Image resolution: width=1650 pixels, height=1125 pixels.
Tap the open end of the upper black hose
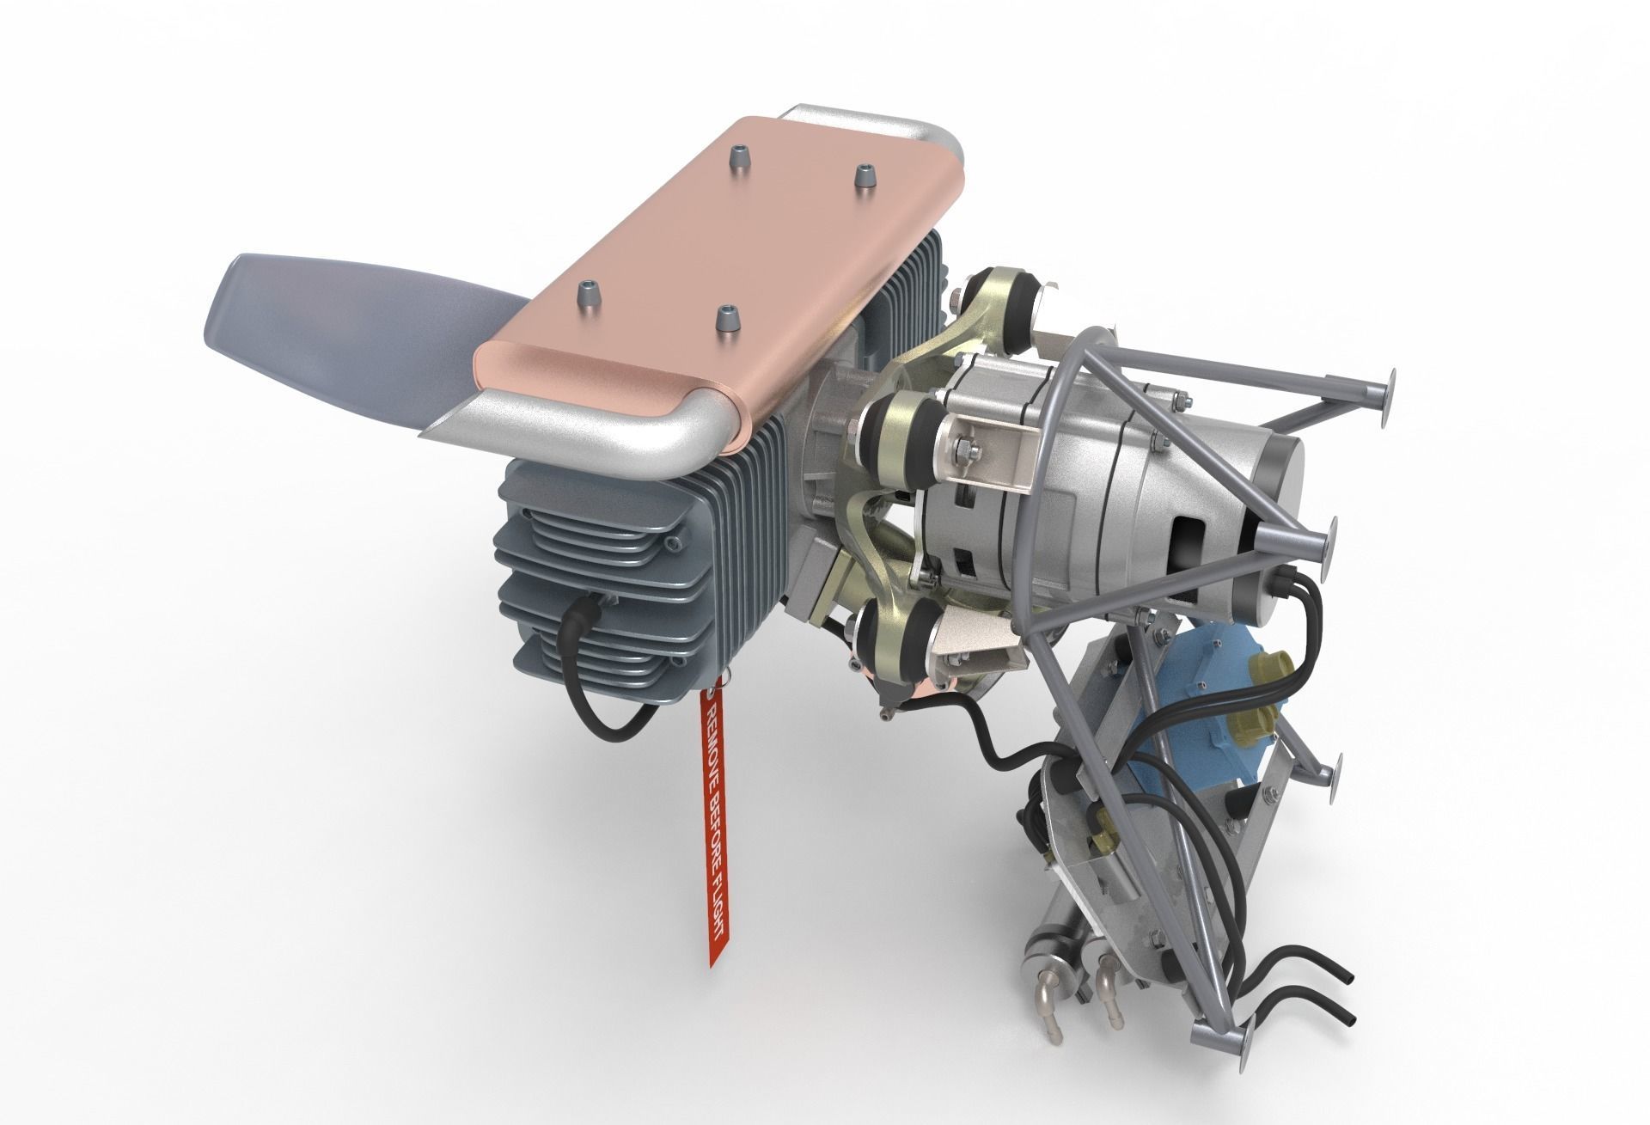1347,1002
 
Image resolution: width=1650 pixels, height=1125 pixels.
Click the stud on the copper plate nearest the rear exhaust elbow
863,177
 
